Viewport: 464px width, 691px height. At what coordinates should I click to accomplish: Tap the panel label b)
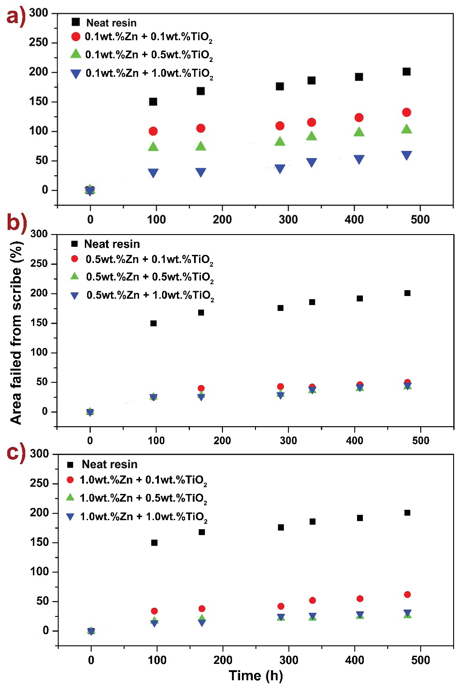coord(17,222)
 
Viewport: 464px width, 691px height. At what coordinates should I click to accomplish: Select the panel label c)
coord(16,452)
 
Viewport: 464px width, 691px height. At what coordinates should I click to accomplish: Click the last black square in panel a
coord(406,71)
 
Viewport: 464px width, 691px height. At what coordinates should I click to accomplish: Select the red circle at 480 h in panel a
coord(406,112)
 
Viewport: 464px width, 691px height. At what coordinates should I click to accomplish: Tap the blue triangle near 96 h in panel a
coord(153,173)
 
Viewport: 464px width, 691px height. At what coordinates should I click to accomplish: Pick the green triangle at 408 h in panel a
coord(359,132)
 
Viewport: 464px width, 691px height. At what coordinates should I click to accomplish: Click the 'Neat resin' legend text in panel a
coord(111,23)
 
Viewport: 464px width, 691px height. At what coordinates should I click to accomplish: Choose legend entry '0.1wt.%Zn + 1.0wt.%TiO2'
coord(149,74)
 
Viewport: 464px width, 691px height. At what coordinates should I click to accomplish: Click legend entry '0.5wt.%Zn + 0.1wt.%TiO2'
coord(149,259)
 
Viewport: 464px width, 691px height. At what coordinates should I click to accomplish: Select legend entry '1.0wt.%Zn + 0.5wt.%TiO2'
coord(143,498)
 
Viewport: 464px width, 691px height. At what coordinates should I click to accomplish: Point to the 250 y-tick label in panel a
coord(38,42)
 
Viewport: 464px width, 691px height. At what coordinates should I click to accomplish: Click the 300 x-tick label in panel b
coord(288,440)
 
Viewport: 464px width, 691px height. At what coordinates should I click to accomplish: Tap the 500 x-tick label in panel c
coord(420,660)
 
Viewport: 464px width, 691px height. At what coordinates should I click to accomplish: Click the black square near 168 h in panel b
coord(201,312)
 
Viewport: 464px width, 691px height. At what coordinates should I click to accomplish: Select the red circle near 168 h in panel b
coord(201,388)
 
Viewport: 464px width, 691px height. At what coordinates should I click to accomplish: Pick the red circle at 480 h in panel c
coord(407,594)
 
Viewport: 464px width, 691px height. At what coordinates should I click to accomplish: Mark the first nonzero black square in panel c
coord(154,542)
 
